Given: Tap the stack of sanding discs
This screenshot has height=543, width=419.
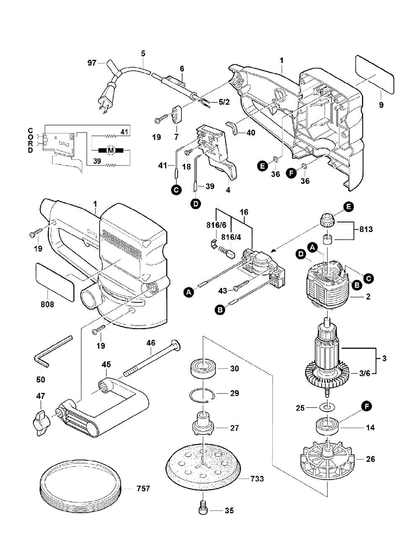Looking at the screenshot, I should click(80, 486).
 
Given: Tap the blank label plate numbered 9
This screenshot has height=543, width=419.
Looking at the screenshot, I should click(375, 74).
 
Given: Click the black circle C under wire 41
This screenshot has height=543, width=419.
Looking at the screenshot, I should click(176, 190).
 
